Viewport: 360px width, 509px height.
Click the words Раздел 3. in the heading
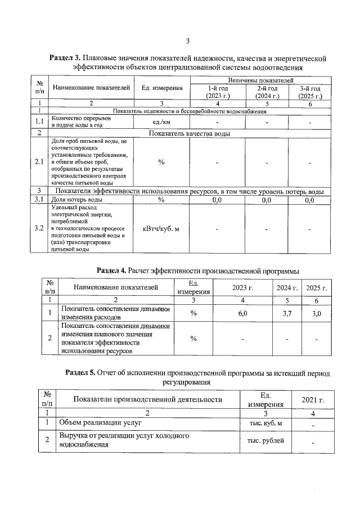click(x=65, y=58)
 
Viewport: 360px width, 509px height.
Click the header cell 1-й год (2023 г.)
click(x=218, y=92)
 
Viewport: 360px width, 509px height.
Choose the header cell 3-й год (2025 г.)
click(x=309, y=92)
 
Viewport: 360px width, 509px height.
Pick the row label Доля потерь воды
click(x=77, y=200)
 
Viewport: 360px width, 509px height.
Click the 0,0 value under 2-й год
click(x=267, y=200)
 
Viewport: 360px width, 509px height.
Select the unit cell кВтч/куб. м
click(x=161, y=229)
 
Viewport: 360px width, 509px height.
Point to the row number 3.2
click(x=39, y=229)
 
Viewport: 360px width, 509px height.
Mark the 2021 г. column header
click(x=313, y=400)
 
